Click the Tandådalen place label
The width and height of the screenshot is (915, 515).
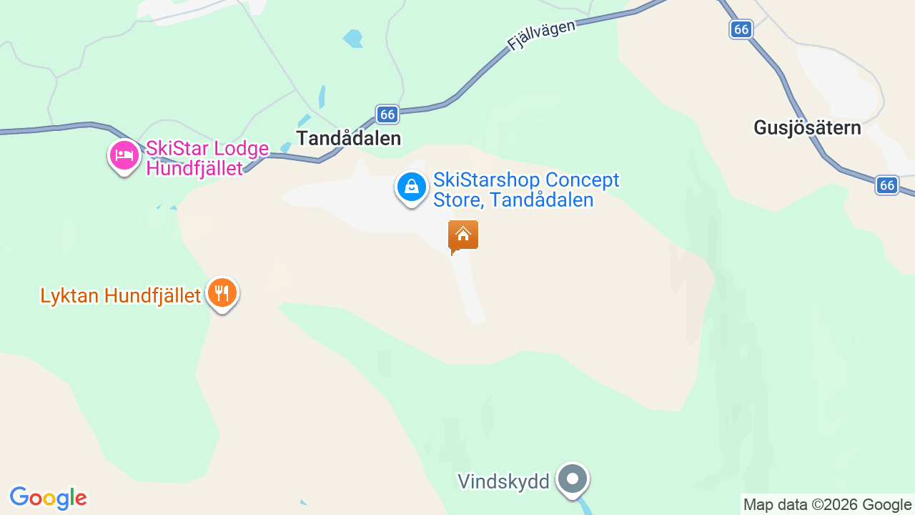pos(349,138)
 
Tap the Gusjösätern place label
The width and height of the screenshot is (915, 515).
pos(807,128)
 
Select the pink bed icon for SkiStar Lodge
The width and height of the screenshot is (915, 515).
pos(124,155)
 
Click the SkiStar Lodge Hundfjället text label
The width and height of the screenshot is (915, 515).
pos(207,158)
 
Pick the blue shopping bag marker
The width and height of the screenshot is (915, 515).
pos(411,187)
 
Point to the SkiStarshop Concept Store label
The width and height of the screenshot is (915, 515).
pos(526,190)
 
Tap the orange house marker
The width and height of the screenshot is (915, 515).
pos(463,235)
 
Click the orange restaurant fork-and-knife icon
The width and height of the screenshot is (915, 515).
pos(222,293)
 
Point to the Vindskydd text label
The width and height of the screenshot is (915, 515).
pos(503,481)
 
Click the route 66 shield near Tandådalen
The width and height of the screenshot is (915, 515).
pos(387,114)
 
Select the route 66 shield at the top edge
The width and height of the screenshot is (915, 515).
pos(741,29)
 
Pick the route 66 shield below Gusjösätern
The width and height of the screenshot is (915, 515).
pos(887,185)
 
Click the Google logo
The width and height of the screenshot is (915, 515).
pos(48,498)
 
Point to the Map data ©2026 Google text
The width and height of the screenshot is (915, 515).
pos(827,505)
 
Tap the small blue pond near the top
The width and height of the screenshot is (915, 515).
pos(352,38)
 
